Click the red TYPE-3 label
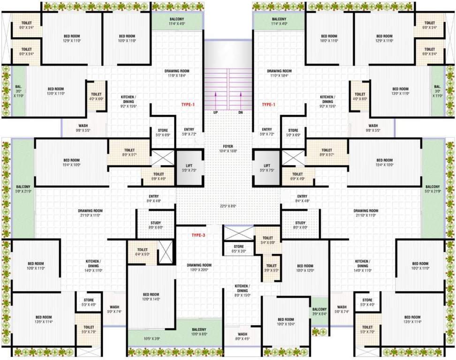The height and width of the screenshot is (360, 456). (x=198, y=235)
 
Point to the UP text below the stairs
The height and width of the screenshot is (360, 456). (x=215, y=113)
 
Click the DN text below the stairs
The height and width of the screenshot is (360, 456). (x=241, y=113)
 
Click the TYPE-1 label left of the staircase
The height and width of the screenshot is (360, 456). (x=188, y=105)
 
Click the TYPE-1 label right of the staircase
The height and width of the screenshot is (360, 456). (x=268, y=105)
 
